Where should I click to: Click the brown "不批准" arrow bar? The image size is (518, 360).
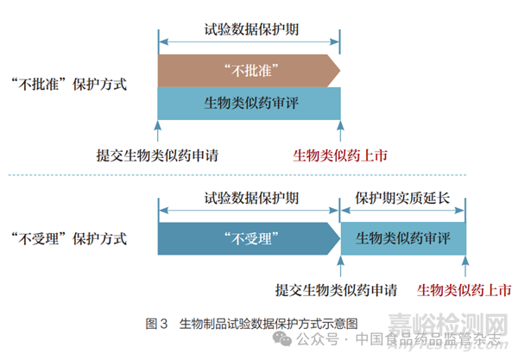tap(247, 69)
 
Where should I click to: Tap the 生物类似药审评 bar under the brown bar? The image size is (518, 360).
tap(249, 103)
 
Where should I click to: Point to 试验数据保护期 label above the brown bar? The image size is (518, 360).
tap(249, 28)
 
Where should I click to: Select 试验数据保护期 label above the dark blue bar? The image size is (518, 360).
tap(249, 197)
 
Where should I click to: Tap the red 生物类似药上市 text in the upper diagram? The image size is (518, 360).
tap(339, 155)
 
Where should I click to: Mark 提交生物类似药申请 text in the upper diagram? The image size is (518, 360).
tap(157, 155)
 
